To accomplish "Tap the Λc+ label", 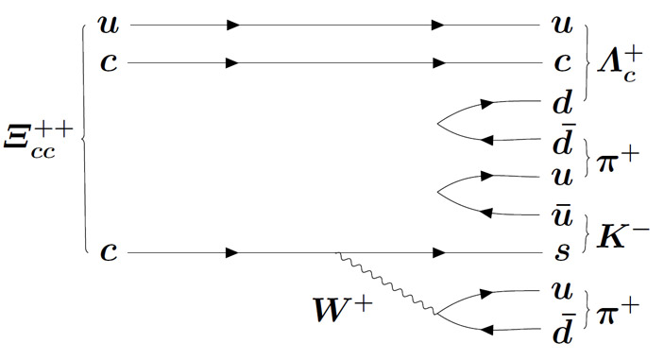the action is (619, 65).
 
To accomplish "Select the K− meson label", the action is (622, 236).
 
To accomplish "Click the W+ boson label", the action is (343, 309).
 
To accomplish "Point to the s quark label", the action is (562, 250).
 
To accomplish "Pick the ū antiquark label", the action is (562, 216).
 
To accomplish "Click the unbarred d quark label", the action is (562, 102).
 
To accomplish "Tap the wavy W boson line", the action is (386, 283).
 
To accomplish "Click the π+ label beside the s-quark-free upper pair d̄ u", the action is (617, 160).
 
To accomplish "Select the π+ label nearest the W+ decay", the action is (617, 311).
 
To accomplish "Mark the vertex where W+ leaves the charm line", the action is (336, 253).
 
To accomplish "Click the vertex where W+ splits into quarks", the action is (437, 315).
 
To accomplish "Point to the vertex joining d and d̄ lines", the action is (437, 124).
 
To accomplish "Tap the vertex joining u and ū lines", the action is (437, 192).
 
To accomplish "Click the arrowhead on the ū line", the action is (487, 213).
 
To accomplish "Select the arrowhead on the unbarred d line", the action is (487, 104).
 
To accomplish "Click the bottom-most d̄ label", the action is (563, 328).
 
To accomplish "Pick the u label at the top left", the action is (109, 25).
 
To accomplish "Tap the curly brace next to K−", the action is (587, 233).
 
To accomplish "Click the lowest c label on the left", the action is (109, 252).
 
